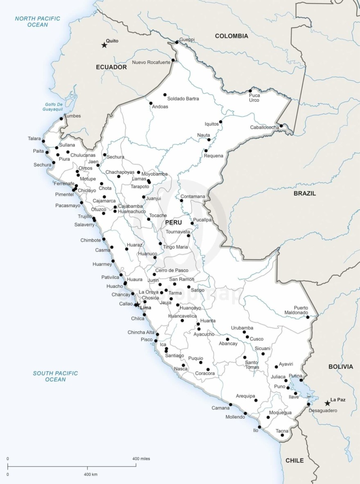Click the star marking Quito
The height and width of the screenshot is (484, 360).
(x=104, y=45)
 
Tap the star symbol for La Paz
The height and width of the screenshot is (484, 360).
(x=327, y=403)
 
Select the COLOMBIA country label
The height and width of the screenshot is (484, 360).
(x=232, y=36)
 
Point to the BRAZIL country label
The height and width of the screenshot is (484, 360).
(x=304, y=193)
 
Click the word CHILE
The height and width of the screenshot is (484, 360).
(x=295, y=460)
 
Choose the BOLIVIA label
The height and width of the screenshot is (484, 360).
(x=340, y=367)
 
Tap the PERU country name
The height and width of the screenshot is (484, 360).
(x=173, y=222)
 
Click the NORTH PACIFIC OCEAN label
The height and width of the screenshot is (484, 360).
(x=38, y=22)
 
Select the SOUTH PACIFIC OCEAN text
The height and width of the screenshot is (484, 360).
(x=55, y=376)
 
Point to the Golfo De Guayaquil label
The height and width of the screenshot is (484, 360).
(x=53, y=107)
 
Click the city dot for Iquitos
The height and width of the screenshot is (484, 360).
(x=220, y=122)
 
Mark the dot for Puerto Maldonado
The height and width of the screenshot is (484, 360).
(x=308, y=317)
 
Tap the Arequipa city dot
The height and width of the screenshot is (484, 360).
(x=256, y=400)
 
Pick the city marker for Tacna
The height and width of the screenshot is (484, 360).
(x=282, y=435)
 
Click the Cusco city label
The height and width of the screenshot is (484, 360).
(x=256, y=339)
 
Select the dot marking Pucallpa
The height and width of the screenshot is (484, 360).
(x=192, y=223)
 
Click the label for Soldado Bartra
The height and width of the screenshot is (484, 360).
(x=183, y=99)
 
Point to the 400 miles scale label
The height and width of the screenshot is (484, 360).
(x=141, y=459)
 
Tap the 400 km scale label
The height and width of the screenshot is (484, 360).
(x=90, y=474)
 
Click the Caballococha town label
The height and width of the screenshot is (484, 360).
(x=264, y=127)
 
